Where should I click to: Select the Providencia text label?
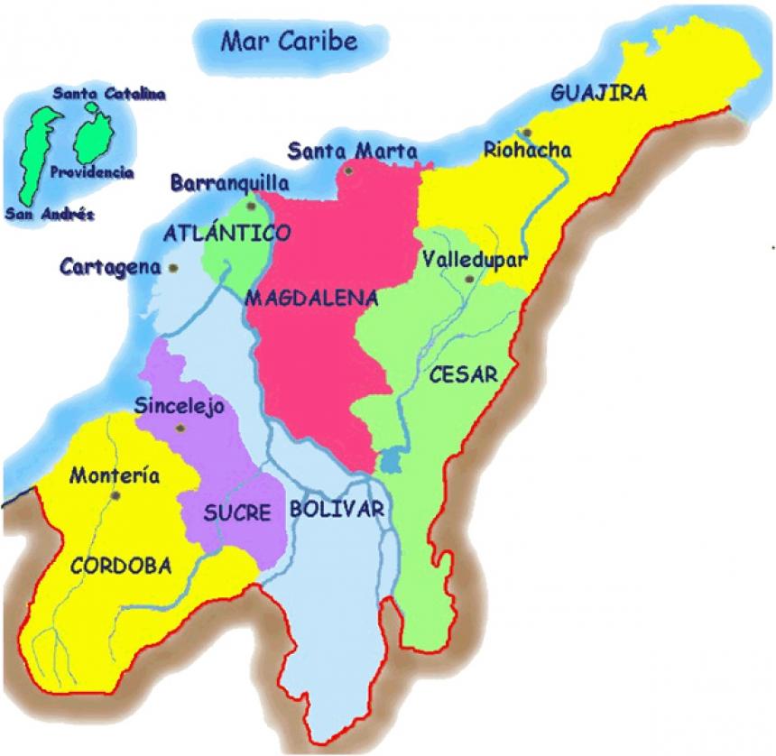pos(93,171)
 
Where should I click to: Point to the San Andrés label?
pos(49,215)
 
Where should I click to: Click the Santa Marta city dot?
pos(348,169)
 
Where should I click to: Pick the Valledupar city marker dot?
pos(468,280)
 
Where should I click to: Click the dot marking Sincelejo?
pos(181,427)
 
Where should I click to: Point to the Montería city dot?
pos(115,494)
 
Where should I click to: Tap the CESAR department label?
pos(463,374)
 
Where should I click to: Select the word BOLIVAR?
pos(337,509)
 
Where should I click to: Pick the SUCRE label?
pos(237,513)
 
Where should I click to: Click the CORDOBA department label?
pos(121,566)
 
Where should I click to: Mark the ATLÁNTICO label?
pos(227,234)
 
